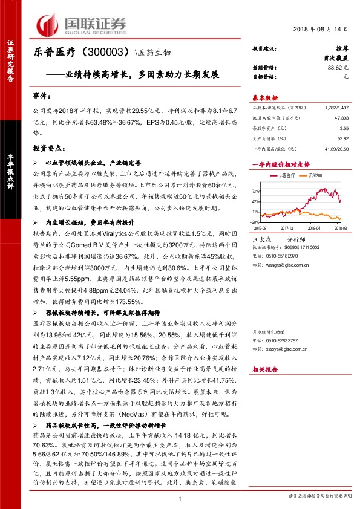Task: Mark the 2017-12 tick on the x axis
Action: pyautogui.click(x=286, y=229)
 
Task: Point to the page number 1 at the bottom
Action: pyautogui.click(x=180, y=499)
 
